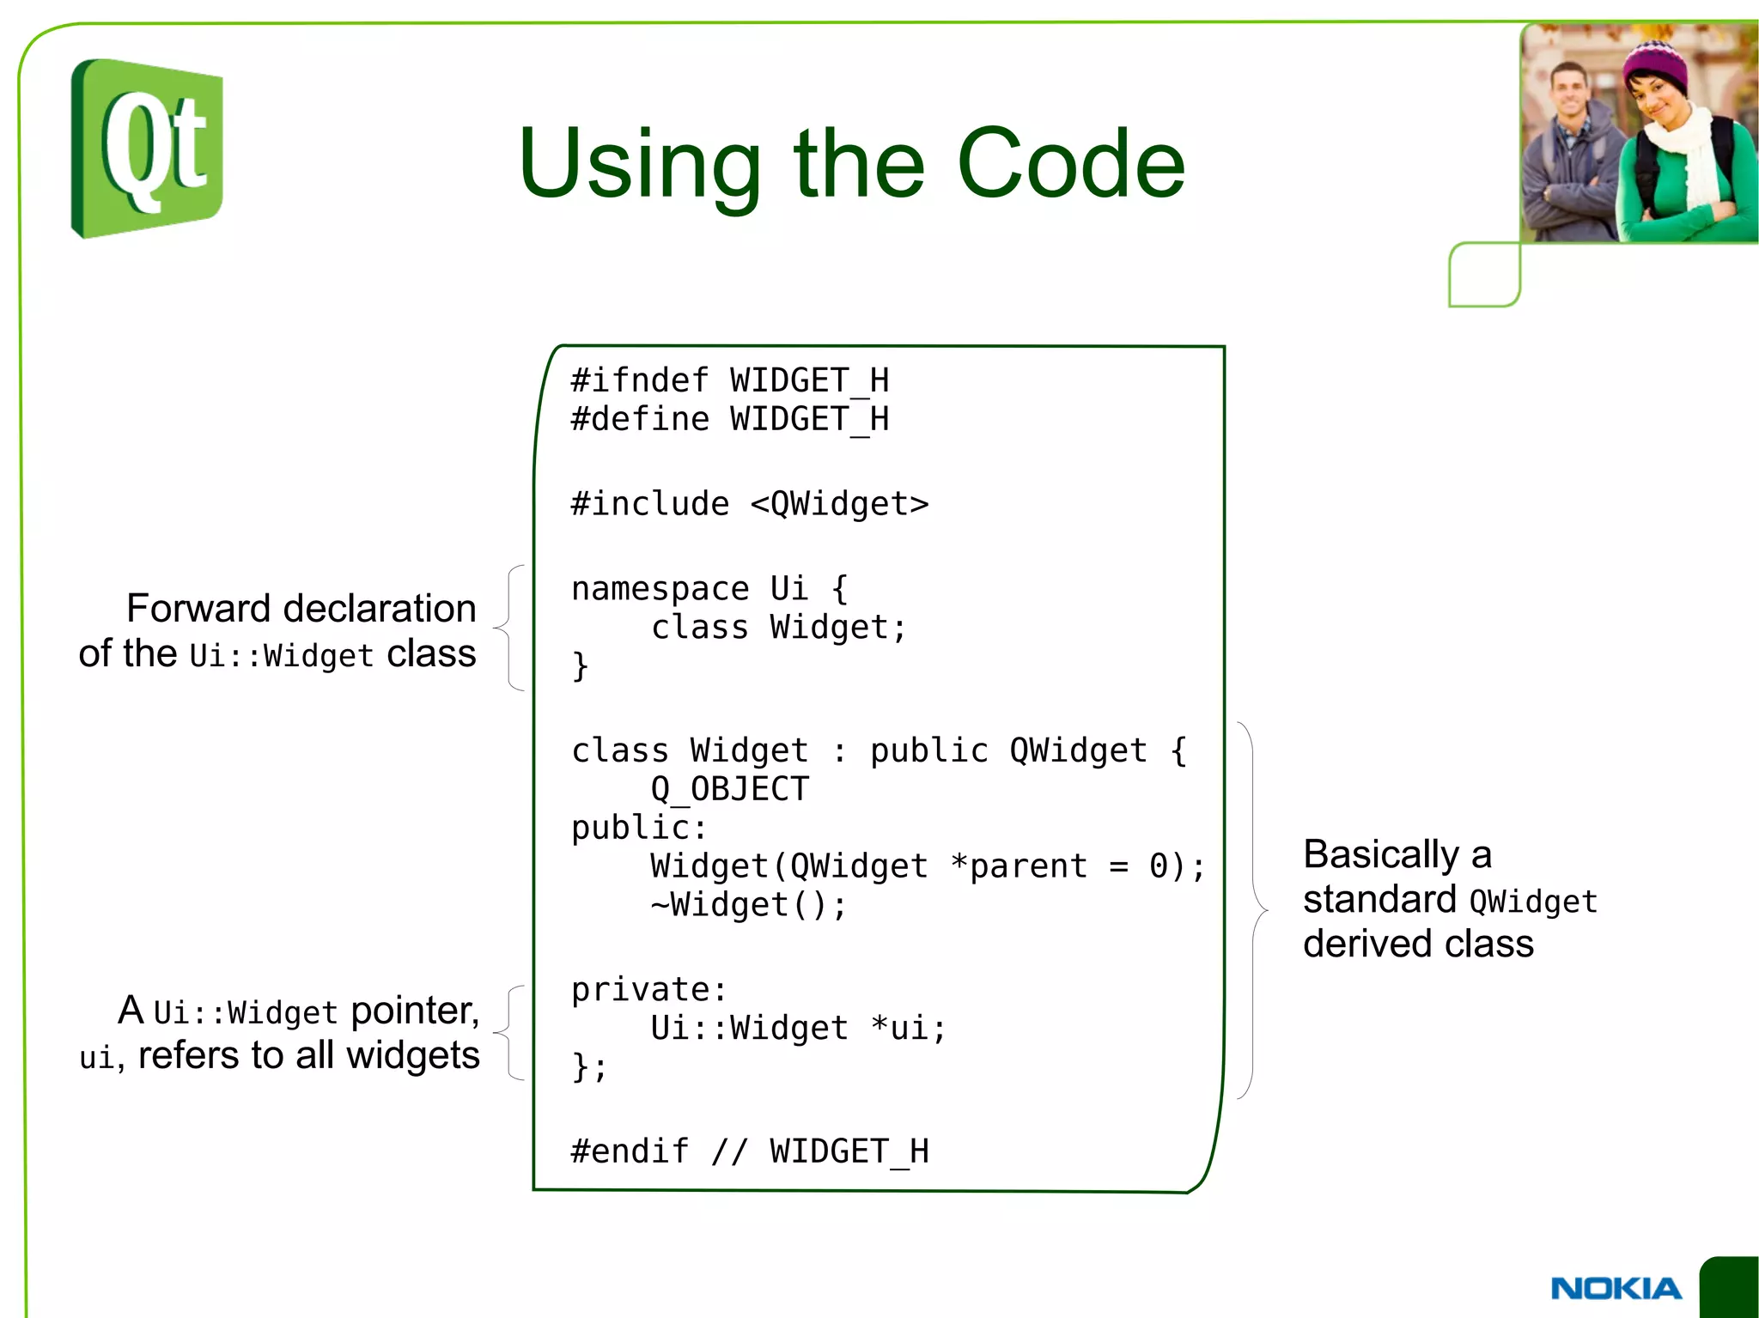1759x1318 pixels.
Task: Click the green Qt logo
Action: [147, 148]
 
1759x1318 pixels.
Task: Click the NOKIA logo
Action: [1616, 1288]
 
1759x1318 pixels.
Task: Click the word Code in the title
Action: [1070, 163]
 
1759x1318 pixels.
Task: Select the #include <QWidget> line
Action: [749, 504]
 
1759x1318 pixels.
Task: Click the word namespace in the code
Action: [660, 589]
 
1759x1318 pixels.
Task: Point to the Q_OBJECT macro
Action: [729, 789]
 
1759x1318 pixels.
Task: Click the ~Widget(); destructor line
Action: [748, 905]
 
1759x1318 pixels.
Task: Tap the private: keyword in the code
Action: [648, 989]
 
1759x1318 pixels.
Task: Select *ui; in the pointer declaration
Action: [909, 1028]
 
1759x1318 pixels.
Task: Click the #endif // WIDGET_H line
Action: [749, 1151]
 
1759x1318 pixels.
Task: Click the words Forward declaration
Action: [301, 608]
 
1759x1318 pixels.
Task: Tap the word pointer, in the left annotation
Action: [415, 1011]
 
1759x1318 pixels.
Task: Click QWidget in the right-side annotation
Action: [1533, 902]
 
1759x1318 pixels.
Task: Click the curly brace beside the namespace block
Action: [510, 628]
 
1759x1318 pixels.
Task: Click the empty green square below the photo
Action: [1484, 275]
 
